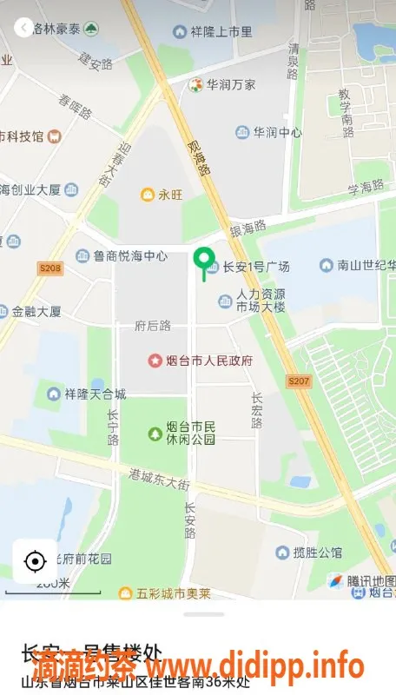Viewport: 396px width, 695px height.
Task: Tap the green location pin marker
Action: [x=204, y=259]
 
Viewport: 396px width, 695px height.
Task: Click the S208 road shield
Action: [x=50, y=269]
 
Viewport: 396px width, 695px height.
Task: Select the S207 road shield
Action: [x=298, y=381]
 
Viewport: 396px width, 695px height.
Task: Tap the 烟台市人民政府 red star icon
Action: [x=155, y=360]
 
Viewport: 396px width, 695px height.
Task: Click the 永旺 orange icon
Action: [x=148, y=195]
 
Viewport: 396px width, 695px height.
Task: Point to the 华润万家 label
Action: [x=230, y=85]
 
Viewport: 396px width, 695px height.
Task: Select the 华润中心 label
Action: [x=277, y=133]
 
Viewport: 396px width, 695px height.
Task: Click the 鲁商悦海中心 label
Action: [x=130, y=256]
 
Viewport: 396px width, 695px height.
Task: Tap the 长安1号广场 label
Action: [x=255, y=267]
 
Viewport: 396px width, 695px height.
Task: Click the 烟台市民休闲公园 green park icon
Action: [x=155, y=433]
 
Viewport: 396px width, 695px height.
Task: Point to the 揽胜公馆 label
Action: [x=317, y=552]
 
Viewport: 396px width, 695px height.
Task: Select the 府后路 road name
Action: [x=153, y=326]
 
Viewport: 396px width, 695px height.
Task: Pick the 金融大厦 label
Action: [x=36, y=311]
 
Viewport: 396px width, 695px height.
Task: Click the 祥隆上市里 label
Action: [x=222, y=32]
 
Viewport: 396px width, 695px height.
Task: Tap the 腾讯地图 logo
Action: [x=363, y=580]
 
